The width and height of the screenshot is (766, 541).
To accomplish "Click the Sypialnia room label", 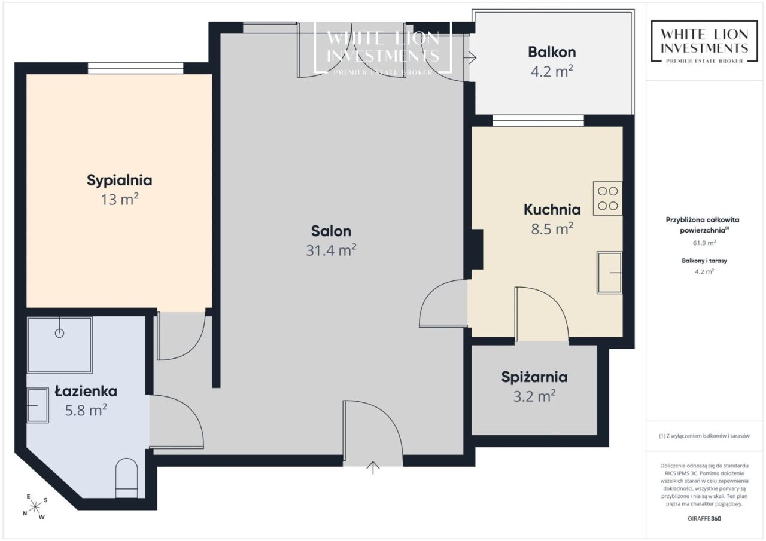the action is (119, 181).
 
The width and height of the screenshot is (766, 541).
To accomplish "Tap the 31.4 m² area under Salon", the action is (331, 250).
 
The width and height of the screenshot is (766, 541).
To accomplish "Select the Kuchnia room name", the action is (552, 210).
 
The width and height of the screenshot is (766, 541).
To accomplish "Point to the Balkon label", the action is (552, 52).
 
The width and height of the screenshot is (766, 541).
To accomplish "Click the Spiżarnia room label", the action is (534, 377).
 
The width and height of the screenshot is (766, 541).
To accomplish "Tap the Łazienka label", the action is (86, 391).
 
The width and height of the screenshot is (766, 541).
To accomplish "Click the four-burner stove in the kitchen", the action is (607, 198).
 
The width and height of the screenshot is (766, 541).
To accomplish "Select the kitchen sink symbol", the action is (609, 273).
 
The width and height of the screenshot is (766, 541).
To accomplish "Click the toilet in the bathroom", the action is (126, 478).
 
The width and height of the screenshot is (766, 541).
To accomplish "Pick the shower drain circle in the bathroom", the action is (59, 333).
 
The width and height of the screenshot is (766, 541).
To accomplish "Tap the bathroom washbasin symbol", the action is (38, 405).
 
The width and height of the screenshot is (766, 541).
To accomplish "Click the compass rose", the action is (35, 507).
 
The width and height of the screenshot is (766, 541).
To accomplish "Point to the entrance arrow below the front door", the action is (373, 467).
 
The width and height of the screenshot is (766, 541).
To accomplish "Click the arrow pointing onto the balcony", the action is (471, 58).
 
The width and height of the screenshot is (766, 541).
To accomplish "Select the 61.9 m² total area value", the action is (704, 243).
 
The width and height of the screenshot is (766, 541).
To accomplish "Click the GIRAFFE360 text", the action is (704, 518).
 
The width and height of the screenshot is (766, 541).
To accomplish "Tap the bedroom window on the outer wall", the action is (135, 68).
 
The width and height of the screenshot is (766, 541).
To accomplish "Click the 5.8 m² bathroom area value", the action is (86, 410).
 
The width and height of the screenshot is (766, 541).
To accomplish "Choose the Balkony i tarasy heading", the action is (704, 261).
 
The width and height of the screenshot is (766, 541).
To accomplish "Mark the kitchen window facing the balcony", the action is (538, 121).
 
